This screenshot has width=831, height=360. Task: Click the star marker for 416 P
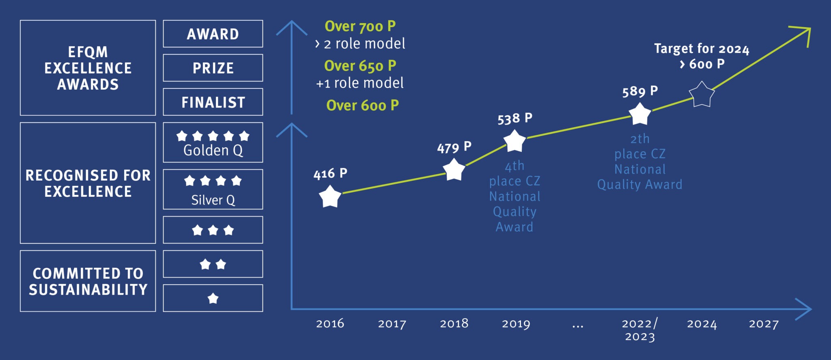pos(330,196)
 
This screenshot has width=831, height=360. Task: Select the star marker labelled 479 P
pos(454,170)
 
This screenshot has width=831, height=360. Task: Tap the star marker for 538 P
pos(515,141)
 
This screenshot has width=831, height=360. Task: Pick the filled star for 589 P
pos(639,114)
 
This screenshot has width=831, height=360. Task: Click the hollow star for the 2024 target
pos(702,95)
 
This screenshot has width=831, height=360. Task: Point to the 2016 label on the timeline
pos(330,323)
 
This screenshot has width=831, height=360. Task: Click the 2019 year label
pos(516,323)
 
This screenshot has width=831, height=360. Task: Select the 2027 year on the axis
pos(764,323)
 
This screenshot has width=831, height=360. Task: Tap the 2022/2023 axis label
pos(639,330)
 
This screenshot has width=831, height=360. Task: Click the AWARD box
pos(213,34)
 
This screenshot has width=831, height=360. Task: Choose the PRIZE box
pos(213,68)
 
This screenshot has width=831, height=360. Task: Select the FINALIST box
pos(213,102)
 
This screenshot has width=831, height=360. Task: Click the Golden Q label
pos(213,151)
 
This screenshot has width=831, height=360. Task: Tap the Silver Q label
pos(213,200)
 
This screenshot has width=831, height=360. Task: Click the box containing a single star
pos(213,298)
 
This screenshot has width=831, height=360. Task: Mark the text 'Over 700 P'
pos(360,26)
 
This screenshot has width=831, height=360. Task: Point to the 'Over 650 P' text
pos(360,66)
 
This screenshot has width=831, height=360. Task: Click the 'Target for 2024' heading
pos(702,49)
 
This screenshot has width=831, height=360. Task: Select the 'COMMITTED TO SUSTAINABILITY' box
pos(88,281)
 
